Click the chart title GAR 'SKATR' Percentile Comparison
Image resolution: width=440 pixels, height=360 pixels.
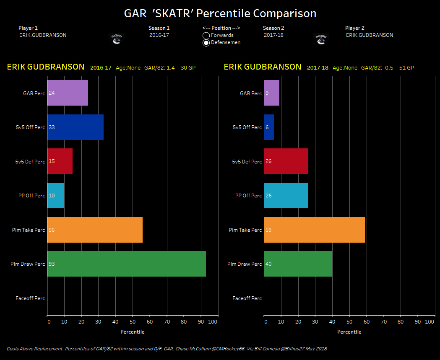click(x=220, y=13)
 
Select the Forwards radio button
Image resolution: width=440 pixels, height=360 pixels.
click(x=206, y=36)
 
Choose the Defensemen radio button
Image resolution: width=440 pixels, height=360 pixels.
click(x=206, y=43)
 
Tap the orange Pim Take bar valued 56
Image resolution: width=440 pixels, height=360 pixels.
click(x=95, y=230)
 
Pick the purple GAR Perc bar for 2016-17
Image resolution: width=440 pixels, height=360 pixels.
click(x=68, y=93)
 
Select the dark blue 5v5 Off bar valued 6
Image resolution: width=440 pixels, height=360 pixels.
click(x=269, y=127)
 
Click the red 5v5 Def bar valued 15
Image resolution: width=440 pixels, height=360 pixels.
click(x=60, y=161)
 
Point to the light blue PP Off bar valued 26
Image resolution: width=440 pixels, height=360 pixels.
click(x=286, y=196)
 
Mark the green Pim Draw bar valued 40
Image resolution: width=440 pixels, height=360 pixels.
click(x=298, y=264)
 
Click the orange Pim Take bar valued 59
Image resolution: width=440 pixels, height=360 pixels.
click(x=314, y=230)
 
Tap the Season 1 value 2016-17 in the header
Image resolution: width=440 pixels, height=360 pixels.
click(x=159, y=35)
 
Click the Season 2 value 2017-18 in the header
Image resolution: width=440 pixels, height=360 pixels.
click(x=273, y=35)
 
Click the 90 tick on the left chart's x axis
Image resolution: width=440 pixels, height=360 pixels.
click(x=200, y=322)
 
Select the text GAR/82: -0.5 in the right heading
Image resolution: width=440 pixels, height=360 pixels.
click(x=378, y=68)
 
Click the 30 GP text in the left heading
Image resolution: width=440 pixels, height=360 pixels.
click(x=188, y=68)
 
